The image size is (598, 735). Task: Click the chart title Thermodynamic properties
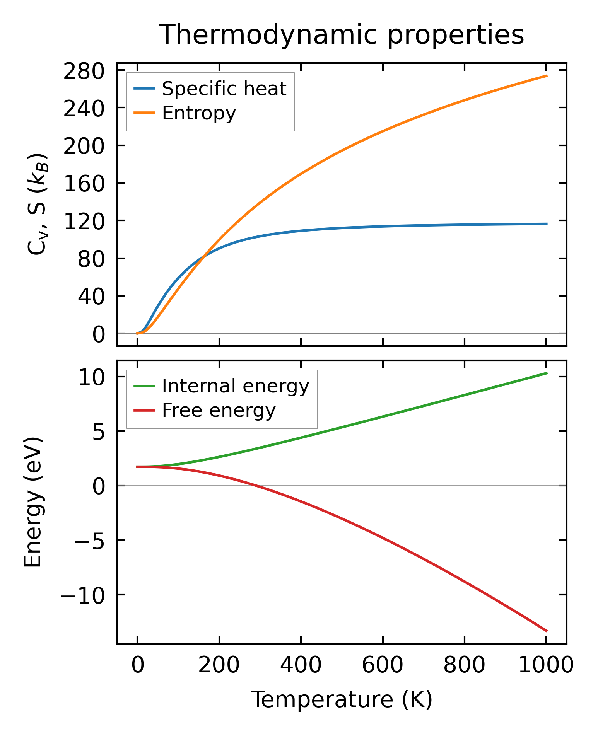pos(342,35)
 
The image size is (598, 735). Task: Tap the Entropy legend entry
pos(199,113)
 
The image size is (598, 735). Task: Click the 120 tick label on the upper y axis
pos(84,222)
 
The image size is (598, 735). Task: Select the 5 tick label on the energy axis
pos(98,432)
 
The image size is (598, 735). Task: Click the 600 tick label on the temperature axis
pos(383,666)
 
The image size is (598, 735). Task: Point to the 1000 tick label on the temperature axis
pos(546,666)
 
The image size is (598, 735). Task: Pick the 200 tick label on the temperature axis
pos(219,666)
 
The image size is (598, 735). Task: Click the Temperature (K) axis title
pos(342,700)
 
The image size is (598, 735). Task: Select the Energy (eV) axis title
pos(33,502)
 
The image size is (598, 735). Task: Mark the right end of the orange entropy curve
pos(547,76)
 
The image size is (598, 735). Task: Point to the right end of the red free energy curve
pos(547,631)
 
